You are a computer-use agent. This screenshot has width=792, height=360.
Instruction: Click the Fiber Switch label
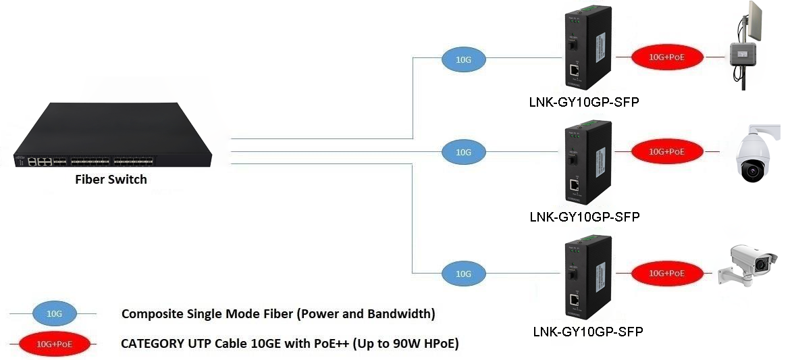pyautogui.click(x=111, y=180)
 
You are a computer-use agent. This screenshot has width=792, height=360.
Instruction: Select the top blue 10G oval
pyautogui.click(x=463, y=59)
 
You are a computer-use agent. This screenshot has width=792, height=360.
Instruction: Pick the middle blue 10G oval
pyautogui.click(x=463, y=153)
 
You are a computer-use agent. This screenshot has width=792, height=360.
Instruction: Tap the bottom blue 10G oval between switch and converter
pyautogui.click(x=463, y=274)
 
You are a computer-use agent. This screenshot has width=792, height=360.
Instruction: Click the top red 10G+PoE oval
pyautogui.click(x=666, y=57)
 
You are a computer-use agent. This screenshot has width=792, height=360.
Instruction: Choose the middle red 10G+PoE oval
pyautogui.click(x=666, y=152)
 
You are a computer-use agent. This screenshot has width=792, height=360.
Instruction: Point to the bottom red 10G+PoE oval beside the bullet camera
pyautogui.click(x=666, y=273)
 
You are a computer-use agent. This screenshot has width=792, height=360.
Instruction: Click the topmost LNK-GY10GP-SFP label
pyautogui.click(x=584, y=103)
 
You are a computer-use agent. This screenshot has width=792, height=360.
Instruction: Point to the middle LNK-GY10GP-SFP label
pyautogui.click(x=584, y=217)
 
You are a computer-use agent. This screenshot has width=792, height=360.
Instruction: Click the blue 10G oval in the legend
pyautogui.click(x=54, y=314)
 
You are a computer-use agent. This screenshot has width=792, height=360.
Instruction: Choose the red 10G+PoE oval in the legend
pyautogui.click(x=54, y=344)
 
